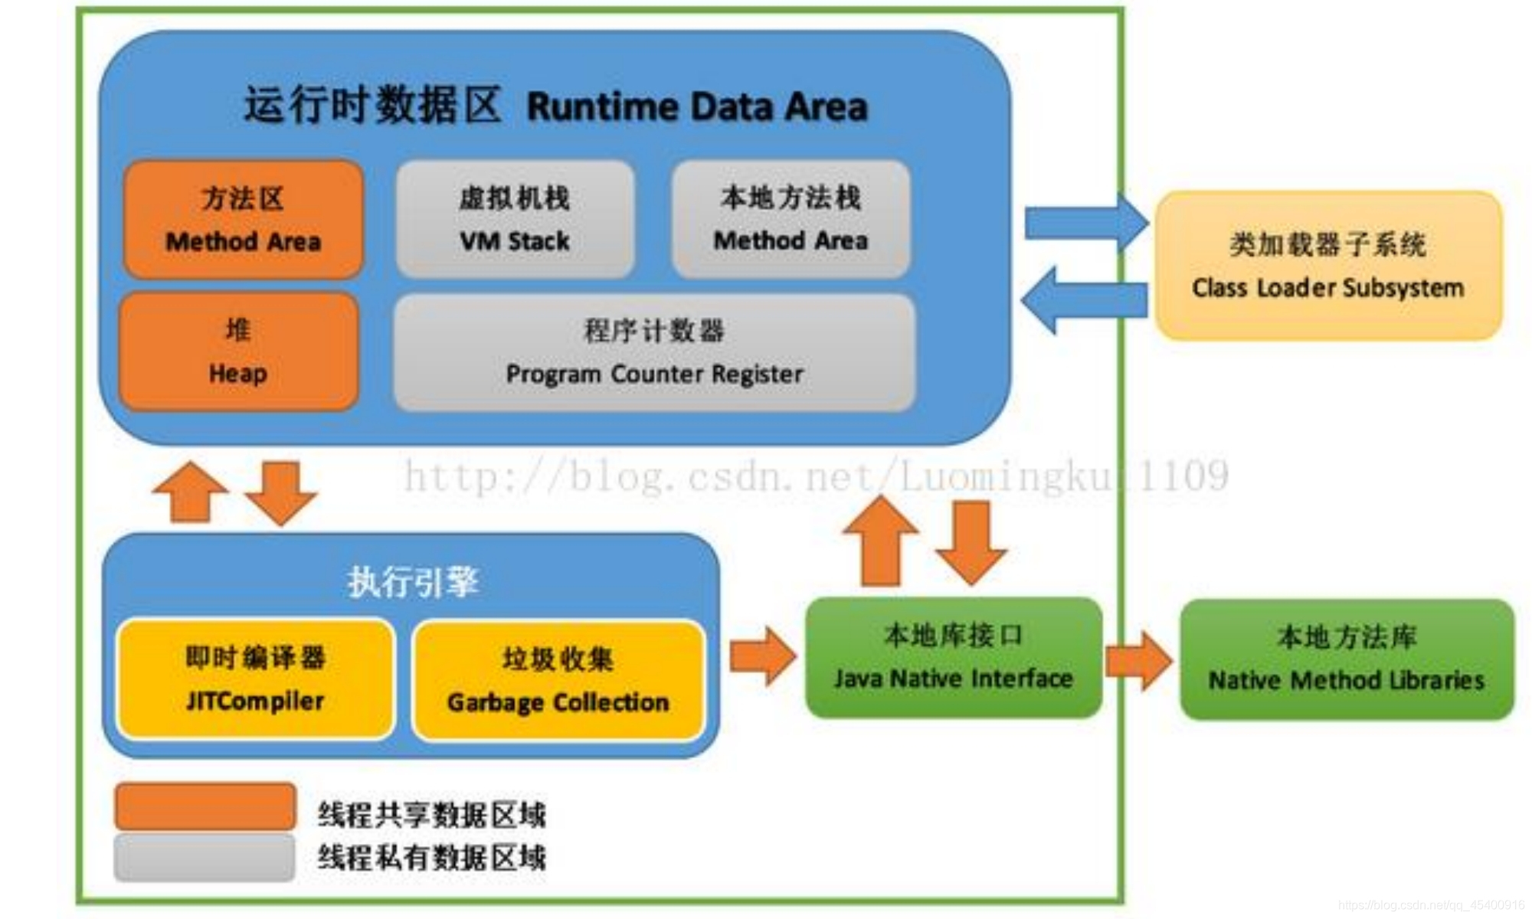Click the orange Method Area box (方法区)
(x=243, y=219)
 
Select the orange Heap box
(x=238, y=352)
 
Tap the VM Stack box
(x=515, y=219)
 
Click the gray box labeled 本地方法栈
(x=791, y=219)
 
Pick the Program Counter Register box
(x=654, y=352)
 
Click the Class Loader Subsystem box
(x=1327, y=265)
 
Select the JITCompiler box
(x=255, y=679)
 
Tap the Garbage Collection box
(x=558, y=680)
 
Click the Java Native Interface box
(x=953, y=657)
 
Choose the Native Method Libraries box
(x=1346, y=659)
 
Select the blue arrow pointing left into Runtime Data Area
(x=1083, y=300)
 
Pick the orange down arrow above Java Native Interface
(x=971, y=542)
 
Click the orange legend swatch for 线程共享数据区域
(x=205, y=806)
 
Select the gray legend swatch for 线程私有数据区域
(x=205, y=857)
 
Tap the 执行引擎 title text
(x=413, y=582)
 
